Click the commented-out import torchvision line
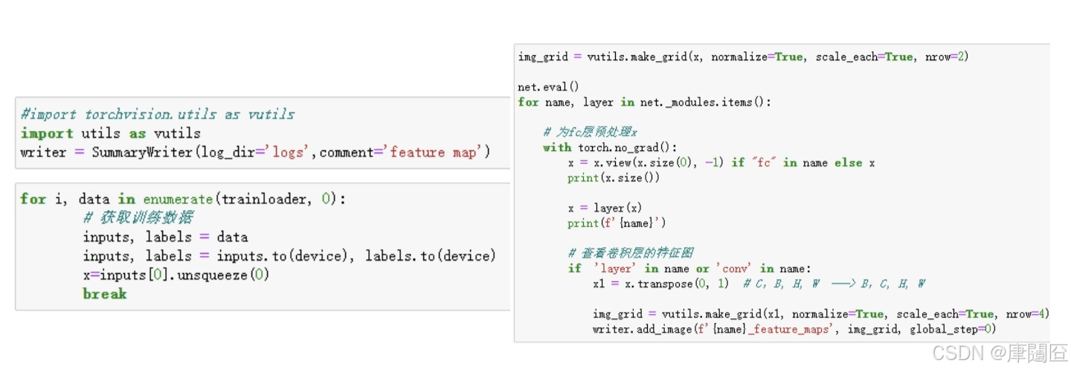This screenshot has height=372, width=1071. tap(158, 115)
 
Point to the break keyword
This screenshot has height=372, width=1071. tap(105, 294)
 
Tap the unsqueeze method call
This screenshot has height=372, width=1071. tap(222, 275)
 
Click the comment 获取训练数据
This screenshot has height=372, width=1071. tap(138, 218)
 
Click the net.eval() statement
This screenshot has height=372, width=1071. tap(548, 87)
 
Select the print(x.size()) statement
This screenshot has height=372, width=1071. tap(613, 178)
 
